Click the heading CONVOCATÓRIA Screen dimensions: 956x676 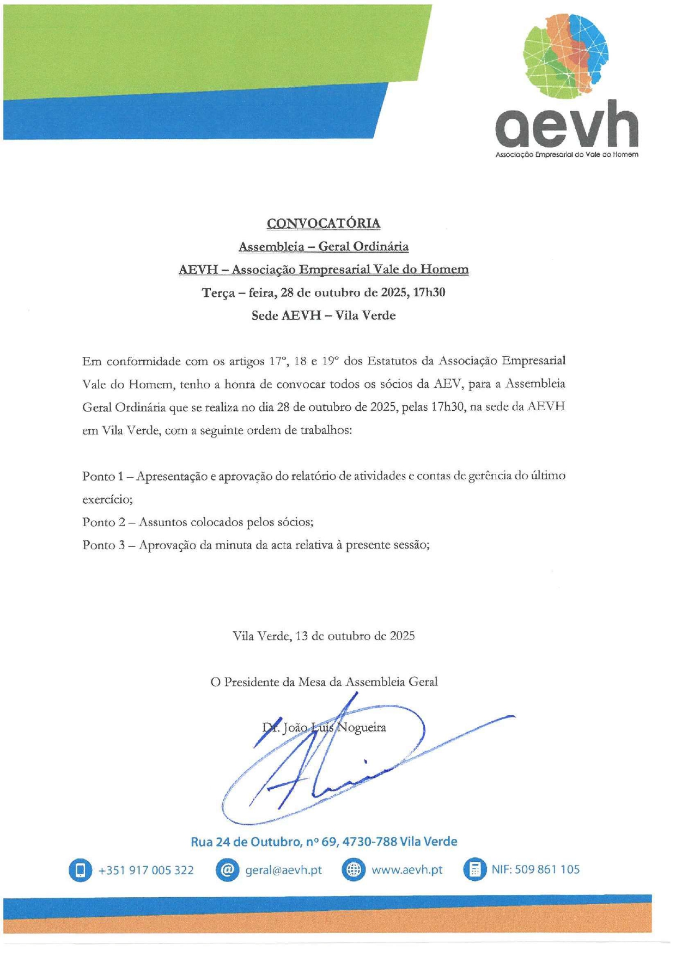click(x=324, y=223)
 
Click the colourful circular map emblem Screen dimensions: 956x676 click(x=565, y=55)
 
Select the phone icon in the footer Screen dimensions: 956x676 click(x=80, y=870)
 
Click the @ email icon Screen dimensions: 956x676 click(x=227, y=870)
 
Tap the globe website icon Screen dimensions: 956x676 click(x=353, y=870)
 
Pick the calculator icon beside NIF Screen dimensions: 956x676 click(x=474, y=870)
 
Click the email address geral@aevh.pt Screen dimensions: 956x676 click(x=283, y=870)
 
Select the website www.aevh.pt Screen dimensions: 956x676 click(x=407, y=870)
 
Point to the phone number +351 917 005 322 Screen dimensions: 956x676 click(x=146, y=870)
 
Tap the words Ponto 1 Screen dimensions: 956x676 click(x=102, y=476)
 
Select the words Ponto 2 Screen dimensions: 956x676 click(x=103, y=522)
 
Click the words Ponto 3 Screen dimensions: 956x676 click(x=103, y=545)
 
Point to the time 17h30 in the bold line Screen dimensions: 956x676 click(x=429, y=293)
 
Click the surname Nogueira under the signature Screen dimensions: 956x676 click(x=362, y=727)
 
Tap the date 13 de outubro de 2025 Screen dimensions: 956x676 click(x=355, y=636)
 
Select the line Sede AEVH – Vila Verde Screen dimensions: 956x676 click(x=324, y=315)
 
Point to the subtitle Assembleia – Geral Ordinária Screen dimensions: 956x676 click(x=324, y=247)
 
